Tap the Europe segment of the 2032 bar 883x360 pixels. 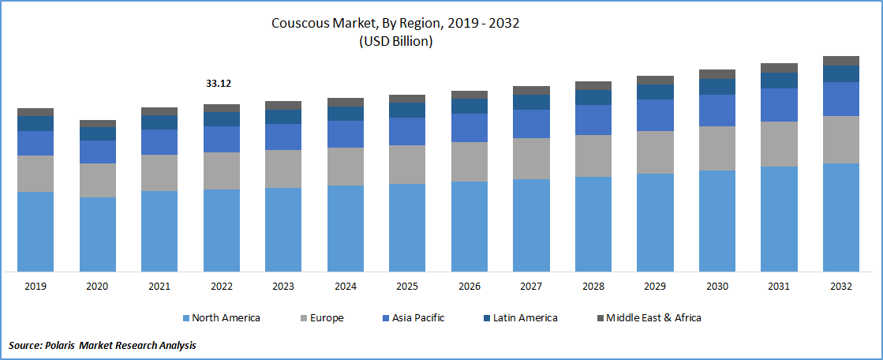click(841, 140)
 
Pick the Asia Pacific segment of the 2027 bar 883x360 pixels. click(531, 124)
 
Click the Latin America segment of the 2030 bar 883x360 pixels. click(717, 86)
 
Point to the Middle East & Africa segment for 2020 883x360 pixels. click(98, 123)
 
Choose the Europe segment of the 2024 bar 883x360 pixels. click(346, 166)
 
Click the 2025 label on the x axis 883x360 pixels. click(407, 286)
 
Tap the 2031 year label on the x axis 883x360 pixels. click(779, 286)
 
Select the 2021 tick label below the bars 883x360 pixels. click(159, 286)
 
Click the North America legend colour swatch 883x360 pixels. click(186, 318)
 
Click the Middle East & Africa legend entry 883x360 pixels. click(648, 318)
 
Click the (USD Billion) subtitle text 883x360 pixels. click(395, 42)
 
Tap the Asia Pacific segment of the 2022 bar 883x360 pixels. click(222, 139)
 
